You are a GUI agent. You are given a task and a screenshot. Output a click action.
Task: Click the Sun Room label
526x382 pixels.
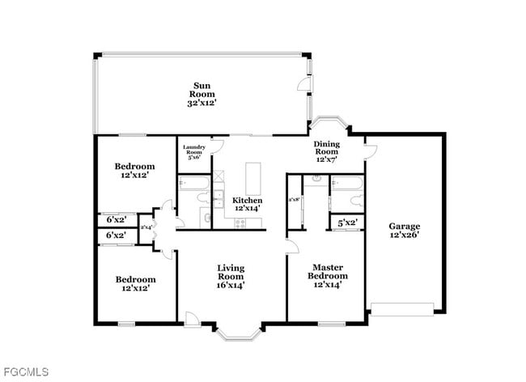click(x=202, y=94)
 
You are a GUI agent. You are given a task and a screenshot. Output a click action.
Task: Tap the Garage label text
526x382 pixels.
click(x=403, y=231)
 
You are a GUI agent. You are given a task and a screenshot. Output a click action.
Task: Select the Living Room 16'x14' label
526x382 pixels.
click(x=231, y=276)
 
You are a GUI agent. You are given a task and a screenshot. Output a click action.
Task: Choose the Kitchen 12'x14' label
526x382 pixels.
click(x=248, y=204)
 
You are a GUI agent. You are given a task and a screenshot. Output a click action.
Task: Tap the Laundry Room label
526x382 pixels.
click(x=195, y=151)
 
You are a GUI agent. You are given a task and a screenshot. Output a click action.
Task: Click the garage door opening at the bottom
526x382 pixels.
click(x=402, y=307)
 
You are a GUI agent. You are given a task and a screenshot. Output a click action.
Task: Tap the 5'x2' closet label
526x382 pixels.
click(x=347, y=222)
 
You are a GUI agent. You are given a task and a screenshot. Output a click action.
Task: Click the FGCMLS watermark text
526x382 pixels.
click(x=25, y=372)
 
